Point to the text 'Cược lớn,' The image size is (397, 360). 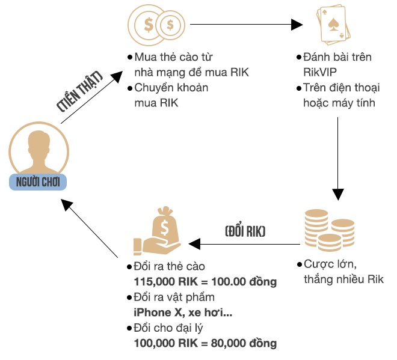(329, 265)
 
